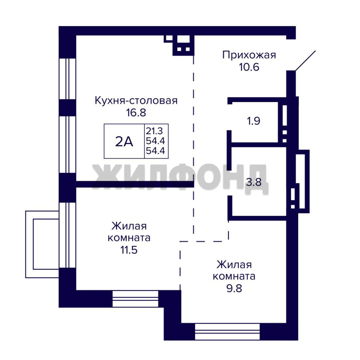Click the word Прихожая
click(x=249, y=55)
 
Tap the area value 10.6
click(x=249, y=67)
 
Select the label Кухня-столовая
click(x=136, y=101)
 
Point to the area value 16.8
click(x=136, y=113)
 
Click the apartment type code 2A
click(x=124, y=141)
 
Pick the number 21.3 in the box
click(x=154, y=131)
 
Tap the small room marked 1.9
click(x=253, y=121)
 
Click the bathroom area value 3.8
click(x=254, y=182)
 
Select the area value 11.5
click(x=129, y=250)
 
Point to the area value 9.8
click(x=234, y=288)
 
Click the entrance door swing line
click(x=305, y=61)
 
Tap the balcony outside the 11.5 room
click(x=42, y=244)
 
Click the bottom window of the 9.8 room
click(x=227, y=332)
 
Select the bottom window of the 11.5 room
click(x=135, y=299)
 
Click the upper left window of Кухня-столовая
click(x=67, y=79)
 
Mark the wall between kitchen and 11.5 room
click(x=135, y=184)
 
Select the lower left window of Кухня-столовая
click(x=67, y=145)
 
